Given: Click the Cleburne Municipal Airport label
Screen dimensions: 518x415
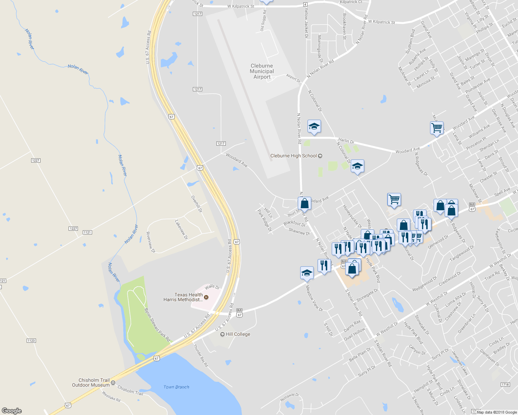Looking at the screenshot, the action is [x=262, y=71].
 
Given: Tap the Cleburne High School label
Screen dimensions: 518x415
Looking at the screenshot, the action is [x=293, y=156].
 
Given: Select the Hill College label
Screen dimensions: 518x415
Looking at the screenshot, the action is [x=238, y=334].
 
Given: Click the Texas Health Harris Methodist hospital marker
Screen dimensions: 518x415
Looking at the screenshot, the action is [x=206, y=297].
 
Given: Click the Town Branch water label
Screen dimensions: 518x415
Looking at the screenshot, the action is [x=176, y=387].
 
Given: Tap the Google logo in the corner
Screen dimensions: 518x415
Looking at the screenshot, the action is [x=12, y=411].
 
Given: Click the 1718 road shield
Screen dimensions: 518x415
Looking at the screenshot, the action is [x=505, y=385].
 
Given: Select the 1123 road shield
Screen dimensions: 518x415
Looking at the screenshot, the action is [x=31, y=341].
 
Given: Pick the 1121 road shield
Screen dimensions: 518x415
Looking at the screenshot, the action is [x=87, y=232].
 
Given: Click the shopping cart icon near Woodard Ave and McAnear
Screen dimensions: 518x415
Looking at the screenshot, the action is [x=437, y=128].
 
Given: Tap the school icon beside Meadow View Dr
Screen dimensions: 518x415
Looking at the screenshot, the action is [x=307, y=273].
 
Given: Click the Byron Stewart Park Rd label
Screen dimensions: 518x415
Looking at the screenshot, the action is [x=157, y=325].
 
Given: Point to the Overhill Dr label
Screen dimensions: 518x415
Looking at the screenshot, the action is [x=196, y=204].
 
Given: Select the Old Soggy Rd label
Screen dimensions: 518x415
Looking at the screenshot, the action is [x=264, y=21].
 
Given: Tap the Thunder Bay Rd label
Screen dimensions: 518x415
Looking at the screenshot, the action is [x=200, y=355].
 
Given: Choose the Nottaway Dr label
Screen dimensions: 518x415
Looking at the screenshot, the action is [x=289, y=397].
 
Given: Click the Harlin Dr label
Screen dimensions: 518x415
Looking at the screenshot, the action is [x=346, y=140].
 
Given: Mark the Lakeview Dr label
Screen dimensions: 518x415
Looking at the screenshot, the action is [x=181, y=230].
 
